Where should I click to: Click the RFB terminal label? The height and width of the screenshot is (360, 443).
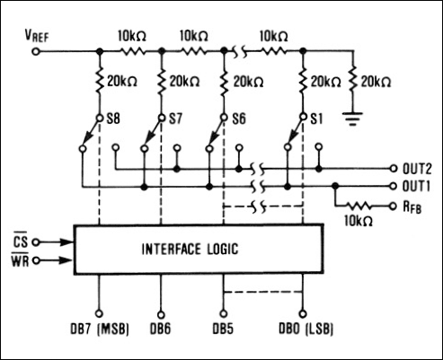click(x=412, y=206)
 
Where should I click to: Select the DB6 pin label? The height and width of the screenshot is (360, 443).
click(x=161, y=329)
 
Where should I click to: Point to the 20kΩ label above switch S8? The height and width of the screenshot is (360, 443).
click(x=123, y=82)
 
